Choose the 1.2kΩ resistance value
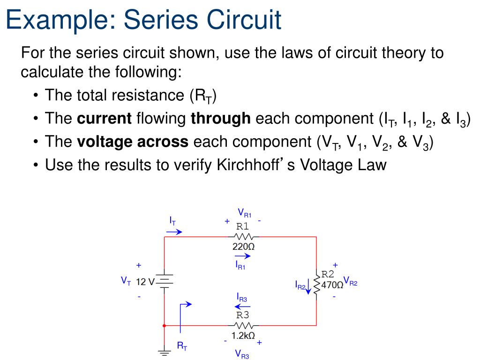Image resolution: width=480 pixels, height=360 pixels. click(x=243, y=336)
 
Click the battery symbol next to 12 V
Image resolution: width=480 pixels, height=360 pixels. click(x=165, y=281)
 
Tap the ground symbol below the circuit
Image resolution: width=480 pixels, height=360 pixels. click(x=165, y=352)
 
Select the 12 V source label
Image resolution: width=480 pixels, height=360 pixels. click(x=145, y=282)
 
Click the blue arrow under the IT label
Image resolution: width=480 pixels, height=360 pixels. click(x=175, y=232)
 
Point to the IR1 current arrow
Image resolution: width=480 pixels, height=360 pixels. click(x=242, y=256)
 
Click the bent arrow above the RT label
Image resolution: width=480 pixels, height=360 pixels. click(x=185, y=309)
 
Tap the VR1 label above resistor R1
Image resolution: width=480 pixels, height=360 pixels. click(x=244, y=213)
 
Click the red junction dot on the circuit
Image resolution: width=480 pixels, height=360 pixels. click(x=165, y=325)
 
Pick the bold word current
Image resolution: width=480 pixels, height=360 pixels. click(x=104, y=119)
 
